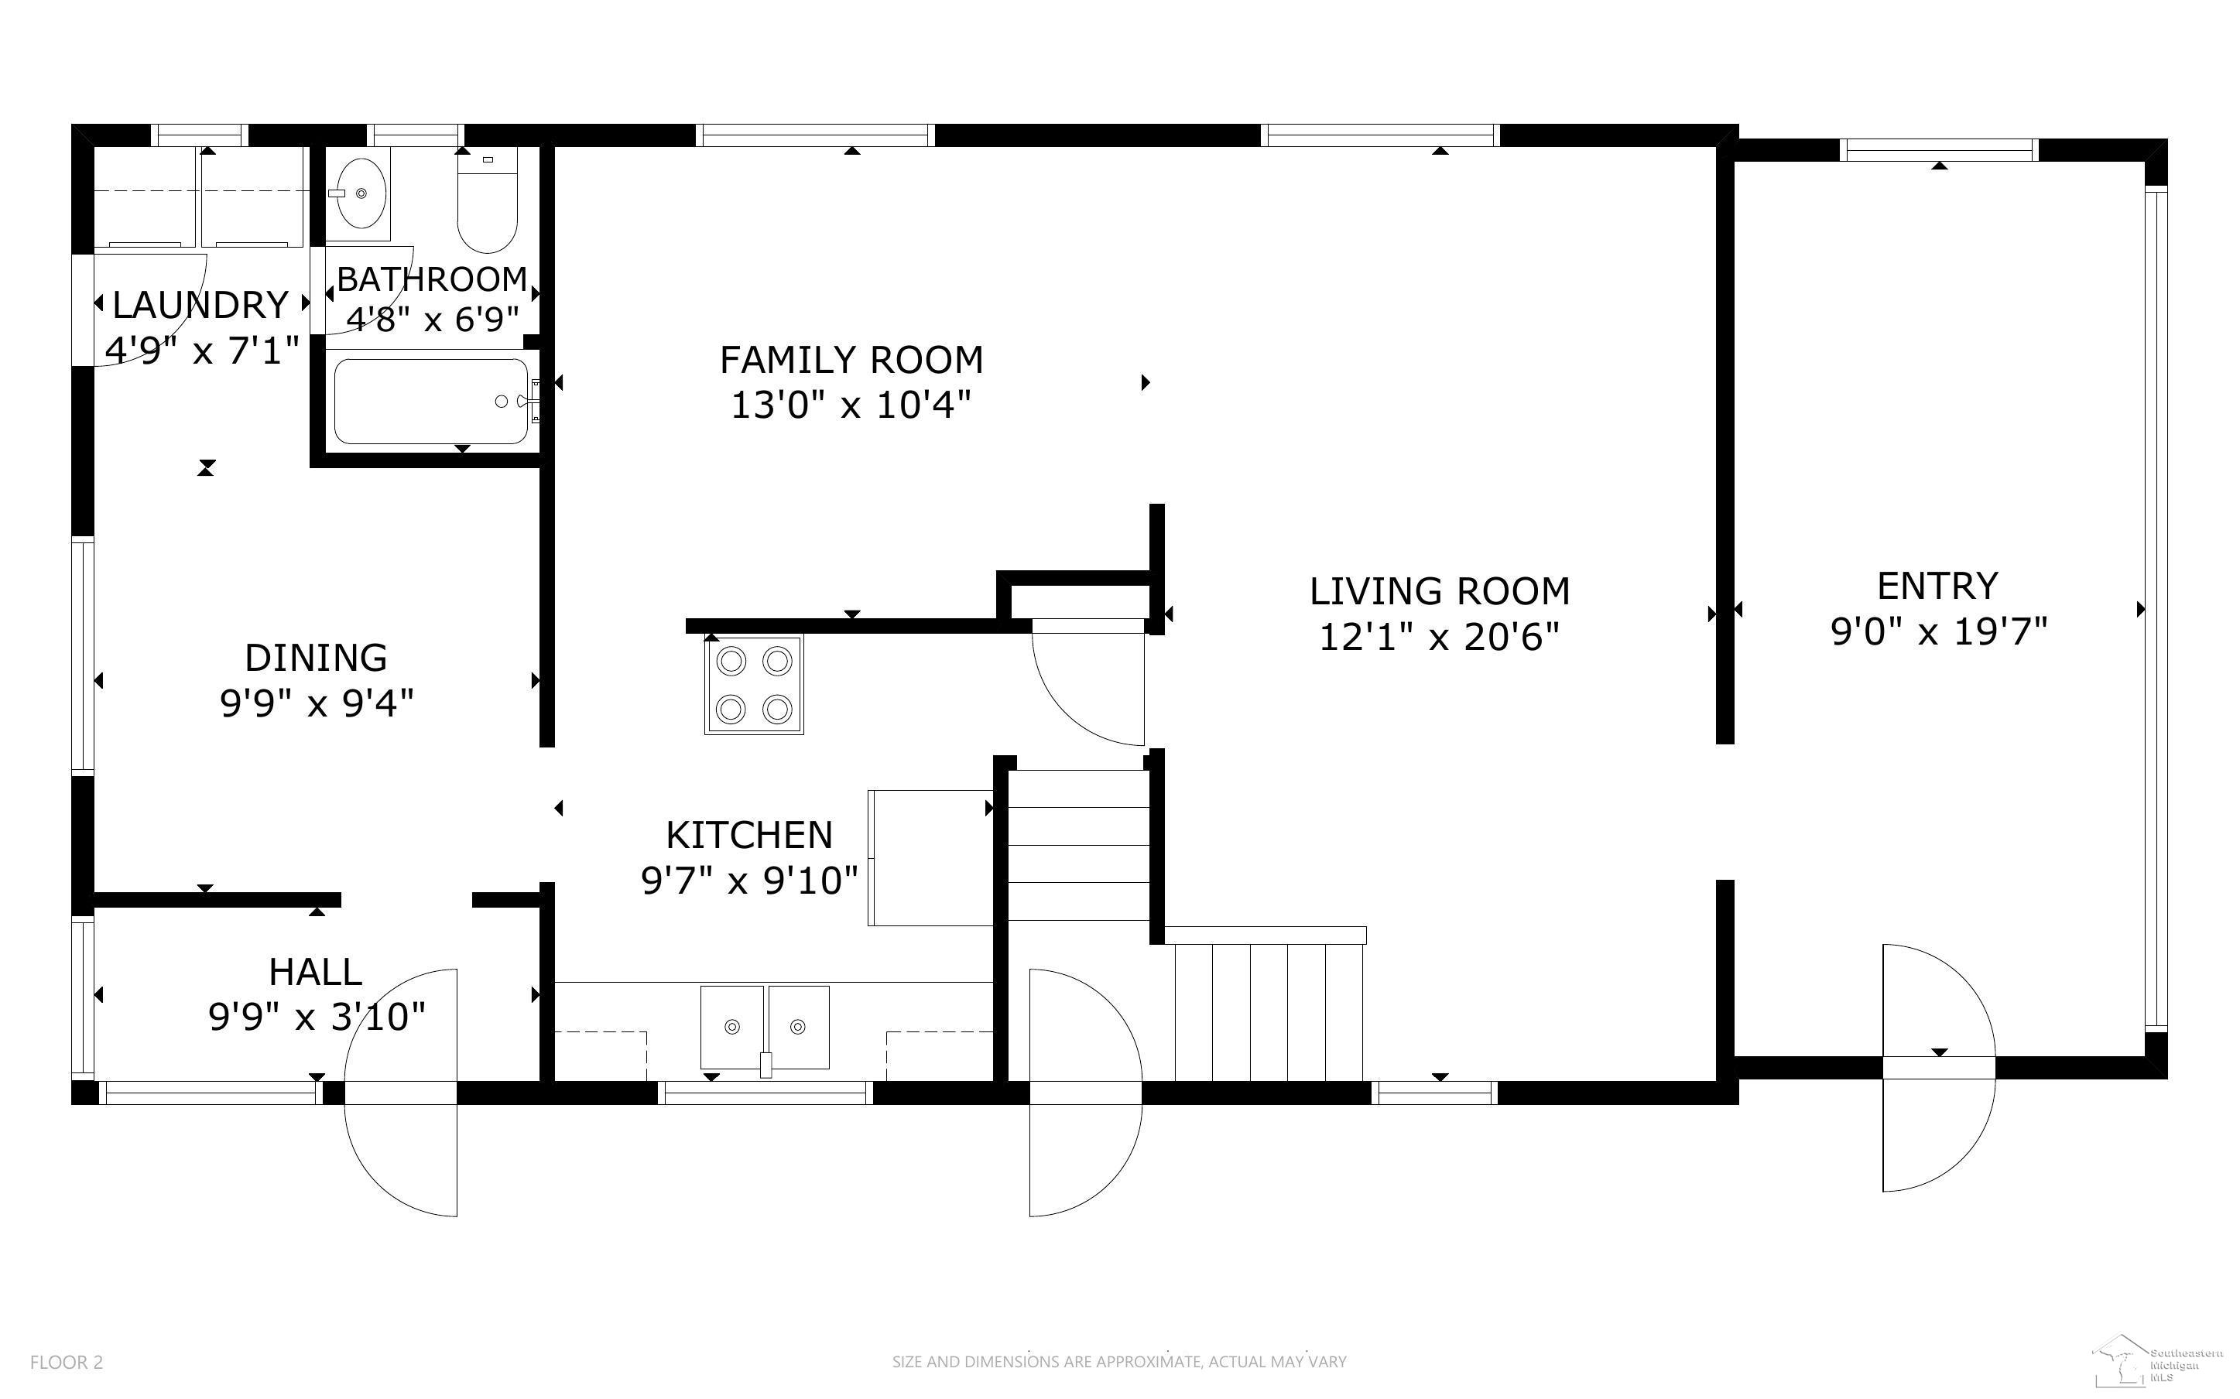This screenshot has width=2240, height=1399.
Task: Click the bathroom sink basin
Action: point(361,193)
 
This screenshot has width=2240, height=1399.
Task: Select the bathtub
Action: point(431,402)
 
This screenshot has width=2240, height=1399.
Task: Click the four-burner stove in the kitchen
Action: point(754,685)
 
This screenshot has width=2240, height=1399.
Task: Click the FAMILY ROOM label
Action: point(851,360)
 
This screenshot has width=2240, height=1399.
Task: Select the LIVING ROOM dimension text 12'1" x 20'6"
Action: point(1439,638)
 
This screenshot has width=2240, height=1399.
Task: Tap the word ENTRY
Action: point(1937,586)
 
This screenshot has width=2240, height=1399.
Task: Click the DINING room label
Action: point(316,658)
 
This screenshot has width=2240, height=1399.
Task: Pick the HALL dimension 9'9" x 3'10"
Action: point(317,1017)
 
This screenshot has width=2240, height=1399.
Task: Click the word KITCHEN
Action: point(749,836)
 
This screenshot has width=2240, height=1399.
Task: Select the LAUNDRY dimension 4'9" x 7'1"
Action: point(203,350)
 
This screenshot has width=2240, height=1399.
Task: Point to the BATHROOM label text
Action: point(432,279)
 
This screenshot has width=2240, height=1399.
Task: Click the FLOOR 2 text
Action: point(67,1362)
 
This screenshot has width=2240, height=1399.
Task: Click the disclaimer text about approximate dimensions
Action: point(1119,1362)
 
